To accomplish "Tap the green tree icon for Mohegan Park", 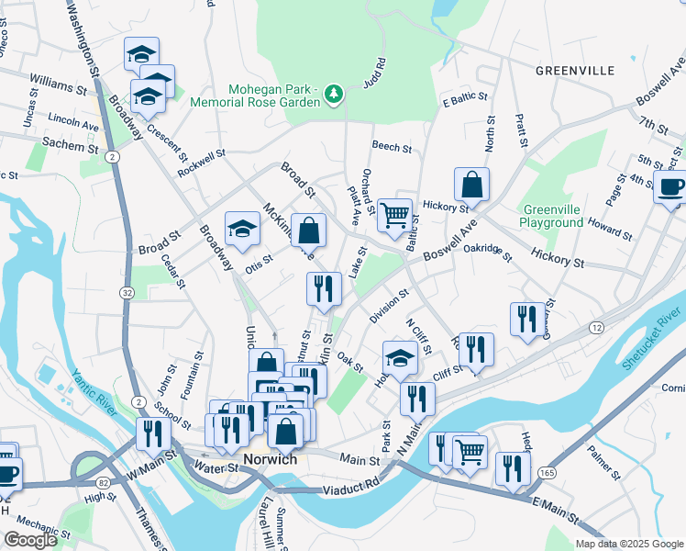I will [335, 92].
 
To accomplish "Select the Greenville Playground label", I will [551, 216].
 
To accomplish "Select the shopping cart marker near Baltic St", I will [394, 216].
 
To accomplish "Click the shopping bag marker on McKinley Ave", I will [309, 230].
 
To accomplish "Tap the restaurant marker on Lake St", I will [324, 289].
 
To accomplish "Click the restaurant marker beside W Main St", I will [153, 433].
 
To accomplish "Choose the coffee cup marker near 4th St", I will [670, 187].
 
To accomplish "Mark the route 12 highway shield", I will [596, 328].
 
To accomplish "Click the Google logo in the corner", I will [31, 540].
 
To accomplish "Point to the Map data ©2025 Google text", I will [628, 544].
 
